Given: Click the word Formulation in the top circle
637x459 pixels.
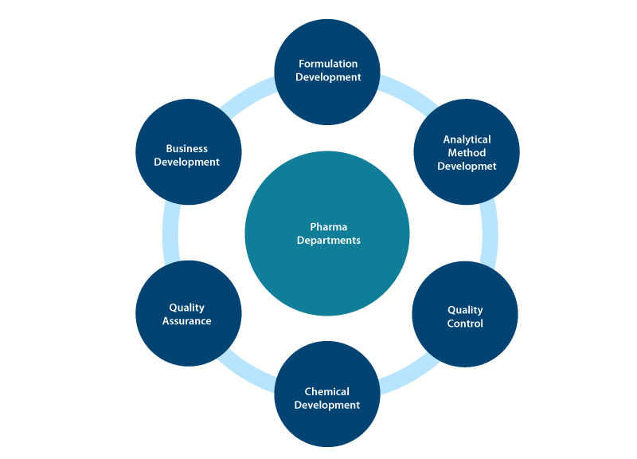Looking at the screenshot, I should pyautogui.click(x=328, y=64).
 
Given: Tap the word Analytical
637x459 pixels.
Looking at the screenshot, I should pyautogui.click(x=467, y=139).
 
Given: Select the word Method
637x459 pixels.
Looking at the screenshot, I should pyautogui.click(x=467, y=153).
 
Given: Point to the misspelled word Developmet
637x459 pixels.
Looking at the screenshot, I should pyautogui.click(x=467, y=167).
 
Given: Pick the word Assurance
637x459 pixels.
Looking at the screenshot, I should pyautogui.click(x=187, y=321).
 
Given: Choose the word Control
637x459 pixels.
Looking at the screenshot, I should pyautogui.click(x=465, y=324).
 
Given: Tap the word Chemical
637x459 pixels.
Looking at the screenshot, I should pyautogui.click(x=326, y=391).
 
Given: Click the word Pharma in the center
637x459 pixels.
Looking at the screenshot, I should pyautogui.click(x=326, y=226).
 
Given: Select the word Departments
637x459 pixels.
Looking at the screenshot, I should pyautogui.click(x=328, y=240).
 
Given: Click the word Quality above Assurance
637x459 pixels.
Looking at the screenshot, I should pyautogui.click(x=187, y=308).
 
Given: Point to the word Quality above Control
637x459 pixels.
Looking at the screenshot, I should pyautogui.click(x=465, y=310).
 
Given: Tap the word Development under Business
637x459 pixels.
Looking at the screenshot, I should pyautogui.click(x=187, y=162).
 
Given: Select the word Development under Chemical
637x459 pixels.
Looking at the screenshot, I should pyautogui.click(x=327, y=405).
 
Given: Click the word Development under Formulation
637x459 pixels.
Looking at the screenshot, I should pyautogui.click(x=328, y=77).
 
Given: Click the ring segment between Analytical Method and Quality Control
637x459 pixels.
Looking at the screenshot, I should pyautogui.click(x=490, y=234).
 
